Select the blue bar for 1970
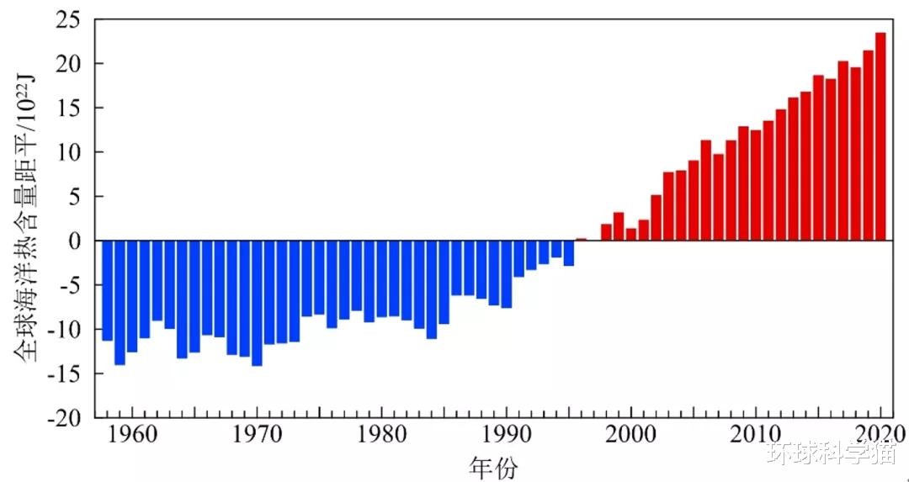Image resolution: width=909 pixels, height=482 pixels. (x=257, y=303)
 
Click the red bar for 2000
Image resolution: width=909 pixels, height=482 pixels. (x=631, y=235)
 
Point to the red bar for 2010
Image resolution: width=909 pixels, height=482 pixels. (x=756, y=185)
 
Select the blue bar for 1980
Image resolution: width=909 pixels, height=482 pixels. (x=381, y=278)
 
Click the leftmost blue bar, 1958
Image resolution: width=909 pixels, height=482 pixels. (x=107, y=290)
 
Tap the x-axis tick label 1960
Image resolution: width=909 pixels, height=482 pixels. (x=132, y=435)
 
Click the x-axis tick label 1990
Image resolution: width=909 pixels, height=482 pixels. (x=507, y=435)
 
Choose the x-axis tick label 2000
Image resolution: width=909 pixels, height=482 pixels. (x=631, y=435)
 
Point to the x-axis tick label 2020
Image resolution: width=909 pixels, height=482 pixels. (x=880, y=435)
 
